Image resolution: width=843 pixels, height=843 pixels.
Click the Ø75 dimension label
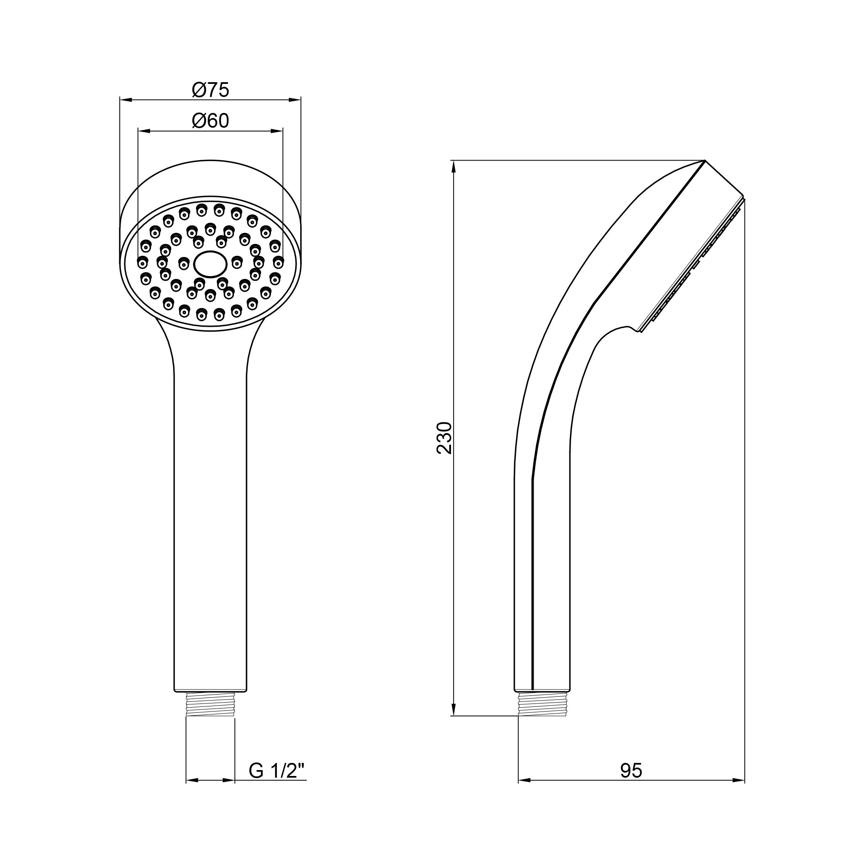click(210, 90)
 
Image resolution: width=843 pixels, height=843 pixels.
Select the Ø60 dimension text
click(210, 121)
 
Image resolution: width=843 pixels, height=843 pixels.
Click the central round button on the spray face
click(210, 263)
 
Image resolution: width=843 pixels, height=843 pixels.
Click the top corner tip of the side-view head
click(705, 161)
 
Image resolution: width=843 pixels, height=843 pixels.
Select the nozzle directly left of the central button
click(184, 263)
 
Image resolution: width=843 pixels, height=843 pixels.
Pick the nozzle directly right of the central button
click(236, 262)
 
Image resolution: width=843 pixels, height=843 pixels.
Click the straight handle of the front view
click(210, 524)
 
